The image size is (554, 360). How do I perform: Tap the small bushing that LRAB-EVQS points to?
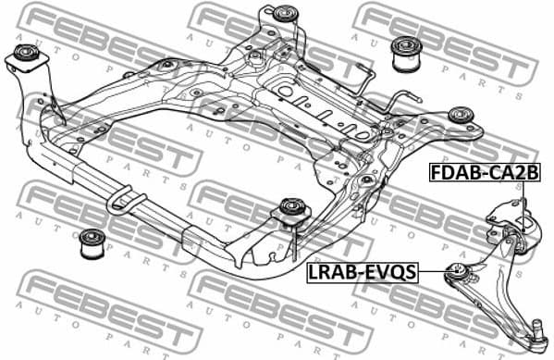[455, 271]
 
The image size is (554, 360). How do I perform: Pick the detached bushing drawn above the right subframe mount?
[406, 54]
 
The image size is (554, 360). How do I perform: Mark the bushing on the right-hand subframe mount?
[461, 117]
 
